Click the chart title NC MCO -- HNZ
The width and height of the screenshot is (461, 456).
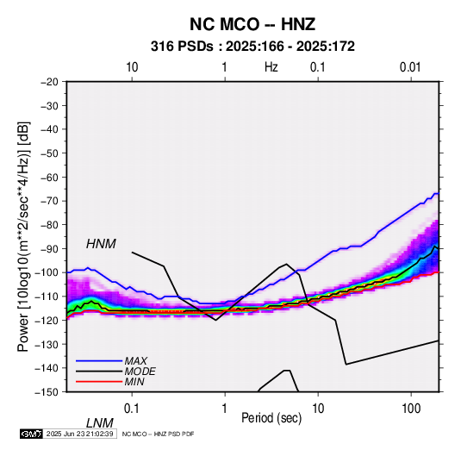(252, 24)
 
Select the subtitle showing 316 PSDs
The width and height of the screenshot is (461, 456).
(252, 47)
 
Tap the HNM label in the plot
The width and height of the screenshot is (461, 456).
(101, 244)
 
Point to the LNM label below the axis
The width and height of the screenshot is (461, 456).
(100, 423)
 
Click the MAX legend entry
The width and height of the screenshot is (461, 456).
(135, 360)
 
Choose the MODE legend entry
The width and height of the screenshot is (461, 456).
(140, 372)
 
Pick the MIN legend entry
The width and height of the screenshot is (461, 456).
(134, 382)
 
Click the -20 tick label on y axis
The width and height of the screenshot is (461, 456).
(49, 82)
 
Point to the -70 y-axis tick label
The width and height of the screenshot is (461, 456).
(49, 201)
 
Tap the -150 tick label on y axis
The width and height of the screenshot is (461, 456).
(47, 392)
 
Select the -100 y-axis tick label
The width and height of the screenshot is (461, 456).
(47, 272)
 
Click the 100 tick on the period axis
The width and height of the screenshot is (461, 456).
(411, 409)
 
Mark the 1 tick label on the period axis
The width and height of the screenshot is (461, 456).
(224, 409)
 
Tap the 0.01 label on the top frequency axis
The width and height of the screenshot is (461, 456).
(410, 67)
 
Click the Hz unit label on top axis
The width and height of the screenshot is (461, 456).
(271, 67)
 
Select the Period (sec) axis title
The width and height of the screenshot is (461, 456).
(271, 418)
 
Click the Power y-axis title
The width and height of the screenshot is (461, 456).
(23, 237)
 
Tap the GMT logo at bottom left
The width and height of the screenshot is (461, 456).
(31, 434)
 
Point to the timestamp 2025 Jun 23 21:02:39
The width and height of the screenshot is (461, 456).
(79, 434)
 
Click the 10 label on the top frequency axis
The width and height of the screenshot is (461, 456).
(132, 67)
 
